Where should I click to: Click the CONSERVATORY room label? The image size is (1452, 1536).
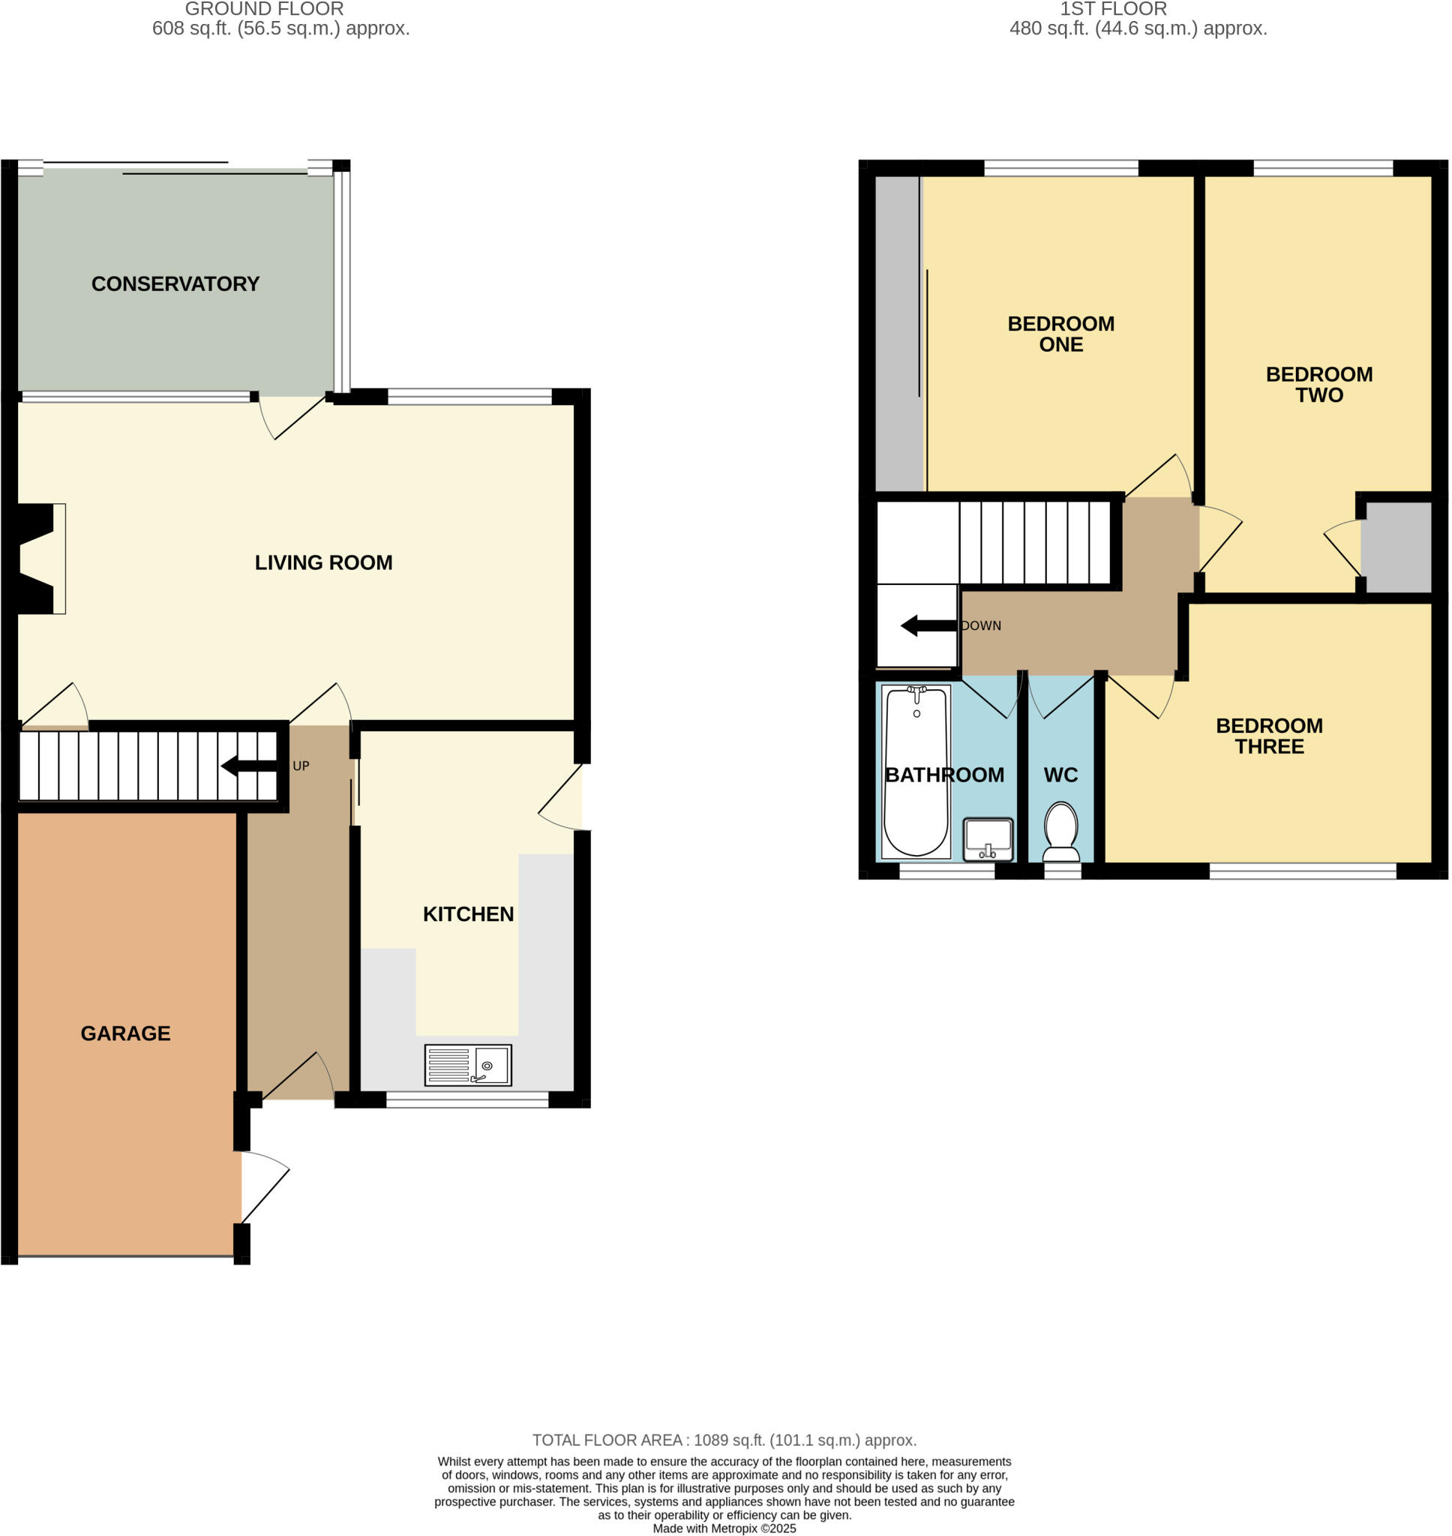(175, 284)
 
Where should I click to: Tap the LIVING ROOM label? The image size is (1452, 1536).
(323, 562)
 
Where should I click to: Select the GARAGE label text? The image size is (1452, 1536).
(125, 1033)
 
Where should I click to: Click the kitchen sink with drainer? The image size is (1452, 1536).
(467, 1065)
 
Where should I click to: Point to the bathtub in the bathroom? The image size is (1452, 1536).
(916, 772)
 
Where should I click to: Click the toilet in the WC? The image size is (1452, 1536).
(1060, 832)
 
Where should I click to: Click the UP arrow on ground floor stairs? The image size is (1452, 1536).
(247, 766)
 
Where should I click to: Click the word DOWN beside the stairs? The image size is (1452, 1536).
(982, 626)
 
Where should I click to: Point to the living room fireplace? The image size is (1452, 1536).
(39, 559)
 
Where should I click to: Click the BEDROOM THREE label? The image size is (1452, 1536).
(1268, 736)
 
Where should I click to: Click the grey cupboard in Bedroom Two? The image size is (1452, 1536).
(1396, 547)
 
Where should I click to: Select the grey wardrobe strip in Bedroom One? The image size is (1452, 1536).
(898, 333)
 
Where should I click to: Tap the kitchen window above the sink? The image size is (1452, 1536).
(466, 1100)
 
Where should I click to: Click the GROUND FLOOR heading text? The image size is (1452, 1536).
(264, 9)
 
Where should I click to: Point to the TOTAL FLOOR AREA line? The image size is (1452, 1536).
(724, 1440)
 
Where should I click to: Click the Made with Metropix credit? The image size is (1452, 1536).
(724, 1528)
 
